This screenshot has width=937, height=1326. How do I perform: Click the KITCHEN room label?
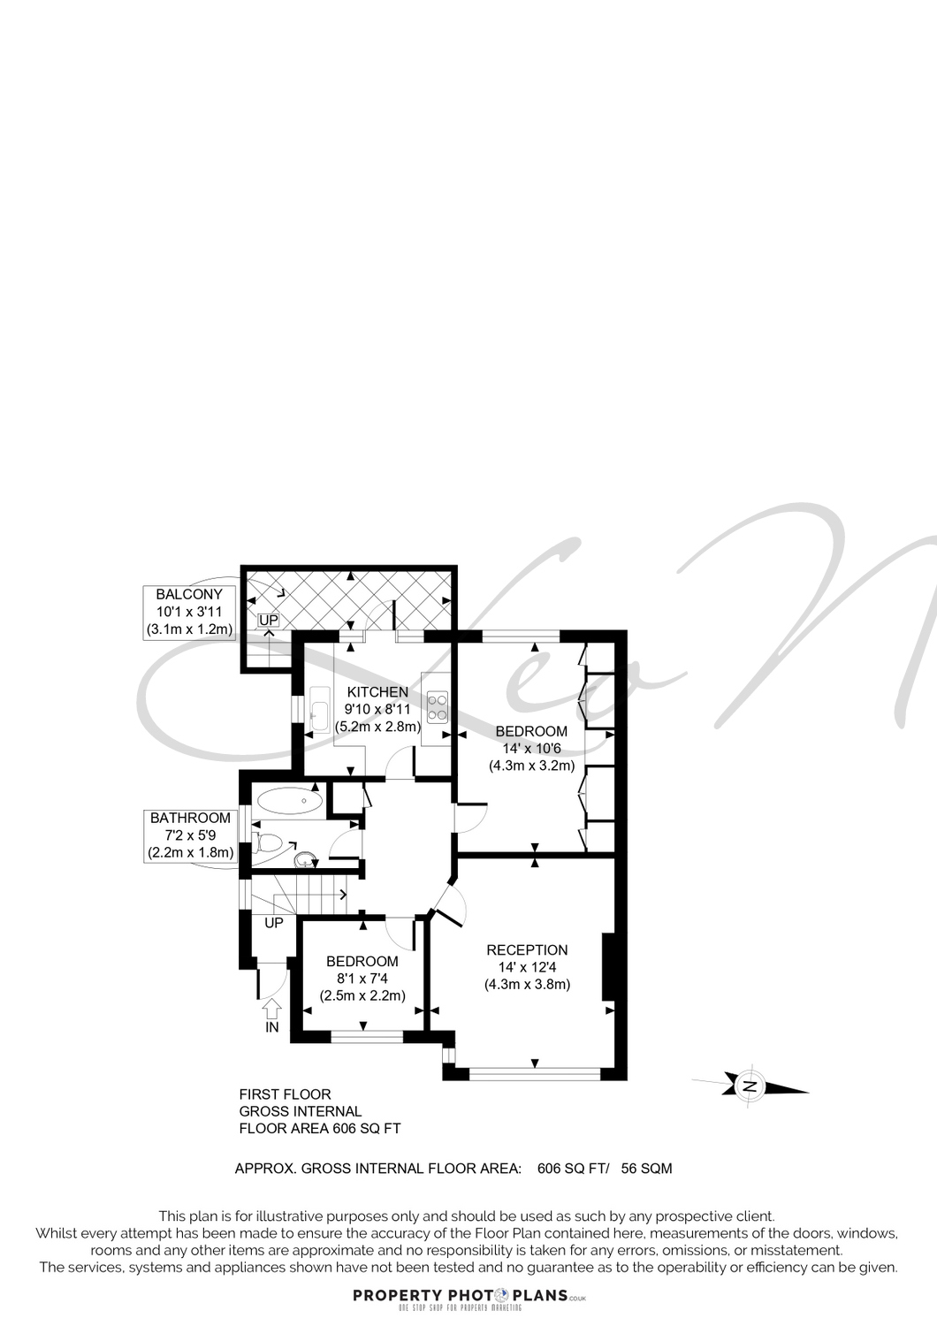click(x=377, y=692)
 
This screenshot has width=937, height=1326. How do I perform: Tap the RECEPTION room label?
click(x=527, y=950)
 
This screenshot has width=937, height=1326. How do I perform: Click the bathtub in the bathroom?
click(x=290, y=802)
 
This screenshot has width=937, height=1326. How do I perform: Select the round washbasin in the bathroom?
click(x=306, y=859)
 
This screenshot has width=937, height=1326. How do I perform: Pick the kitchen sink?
click(x=320, y=710)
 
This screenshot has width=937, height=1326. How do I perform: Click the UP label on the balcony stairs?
click(x=269, y=621)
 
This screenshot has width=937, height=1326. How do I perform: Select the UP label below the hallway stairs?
click(x=274, y=923)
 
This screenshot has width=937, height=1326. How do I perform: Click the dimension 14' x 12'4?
click(x=528, y=967)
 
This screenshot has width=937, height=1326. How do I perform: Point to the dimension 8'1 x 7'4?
click(x=362, y=979)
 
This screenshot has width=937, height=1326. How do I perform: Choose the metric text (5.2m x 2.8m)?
click(x=377, y=727)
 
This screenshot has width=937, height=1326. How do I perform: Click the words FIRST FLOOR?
click(x=286, y=1094)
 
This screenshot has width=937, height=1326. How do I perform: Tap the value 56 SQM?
click(x=646, y=1169)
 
